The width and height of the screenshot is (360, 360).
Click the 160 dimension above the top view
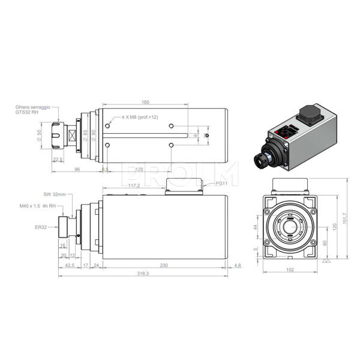[145, 103]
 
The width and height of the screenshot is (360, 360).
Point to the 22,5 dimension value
[58, 159]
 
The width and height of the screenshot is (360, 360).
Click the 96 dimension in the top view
[77, 170]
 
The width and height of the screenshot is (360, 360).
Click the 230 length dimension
[164, 265]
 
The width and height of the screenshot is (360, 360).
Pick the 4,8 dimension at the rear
[238, 265]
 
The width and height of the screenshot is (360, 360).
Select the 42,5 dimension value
[69, 265]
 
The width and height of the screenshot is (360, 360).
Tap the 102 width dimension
[289, 270]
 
